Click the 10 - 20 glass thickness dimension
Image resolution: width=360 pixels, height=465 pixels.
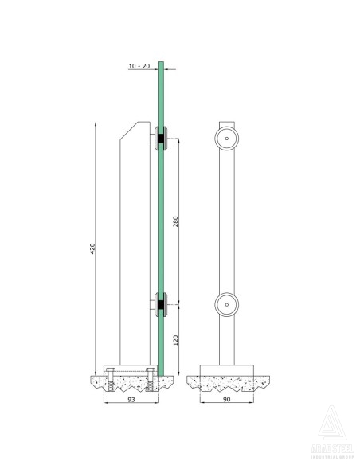pos(139,68)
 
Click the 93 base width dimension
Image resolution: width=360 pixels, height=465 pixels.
pos(131,403)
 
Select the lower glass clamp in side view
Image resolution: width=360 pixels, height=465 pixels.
pos(160,303)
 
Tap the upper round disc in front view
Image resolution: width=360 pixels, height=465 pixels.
pos(227,139)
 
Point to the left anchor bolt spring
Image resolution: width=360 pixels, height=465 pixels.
pos(112,386)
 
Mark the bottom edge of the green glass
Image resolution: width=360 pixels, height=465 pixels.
pos(160,372)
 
